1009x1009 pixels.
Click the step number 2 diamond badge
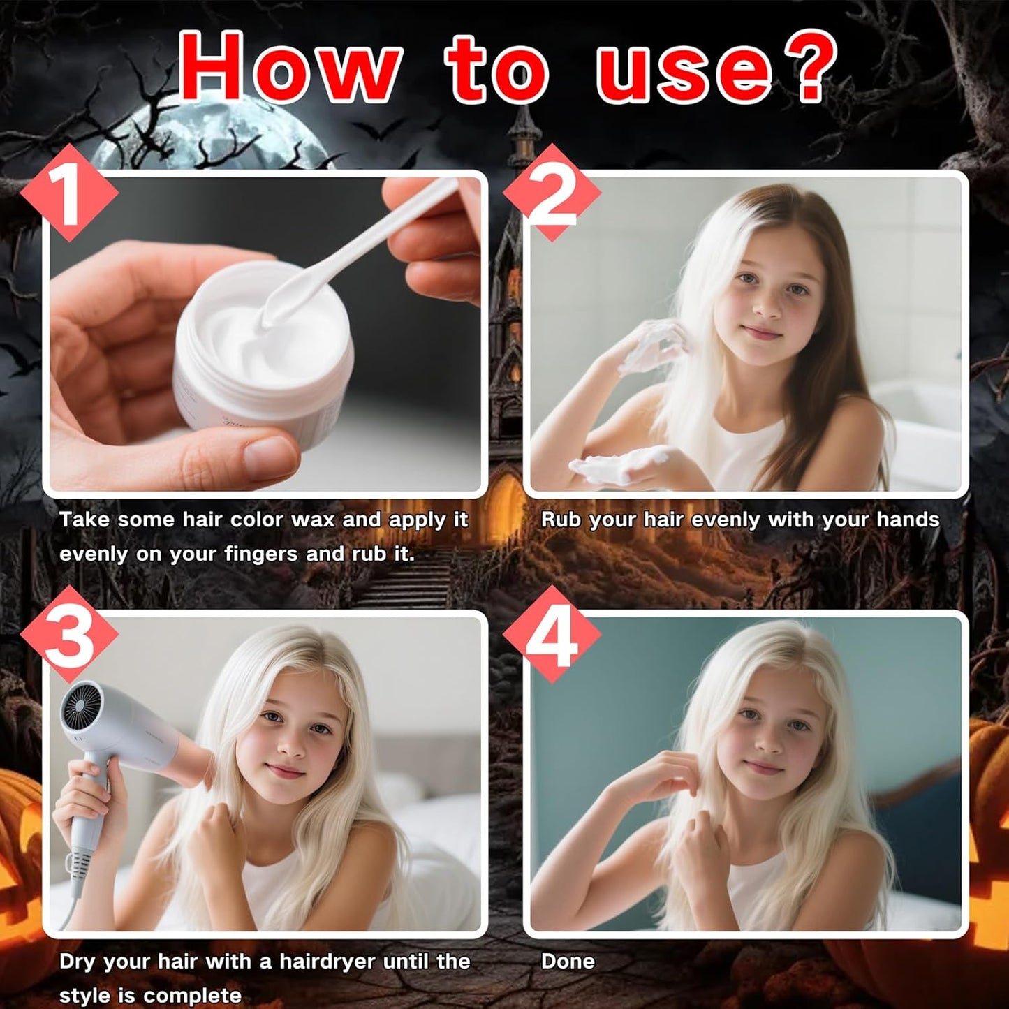coord(552,193)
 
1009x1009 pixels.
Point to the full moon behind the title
coord(209,133)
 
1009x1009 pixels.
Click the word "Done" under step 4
coord(568,962)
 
